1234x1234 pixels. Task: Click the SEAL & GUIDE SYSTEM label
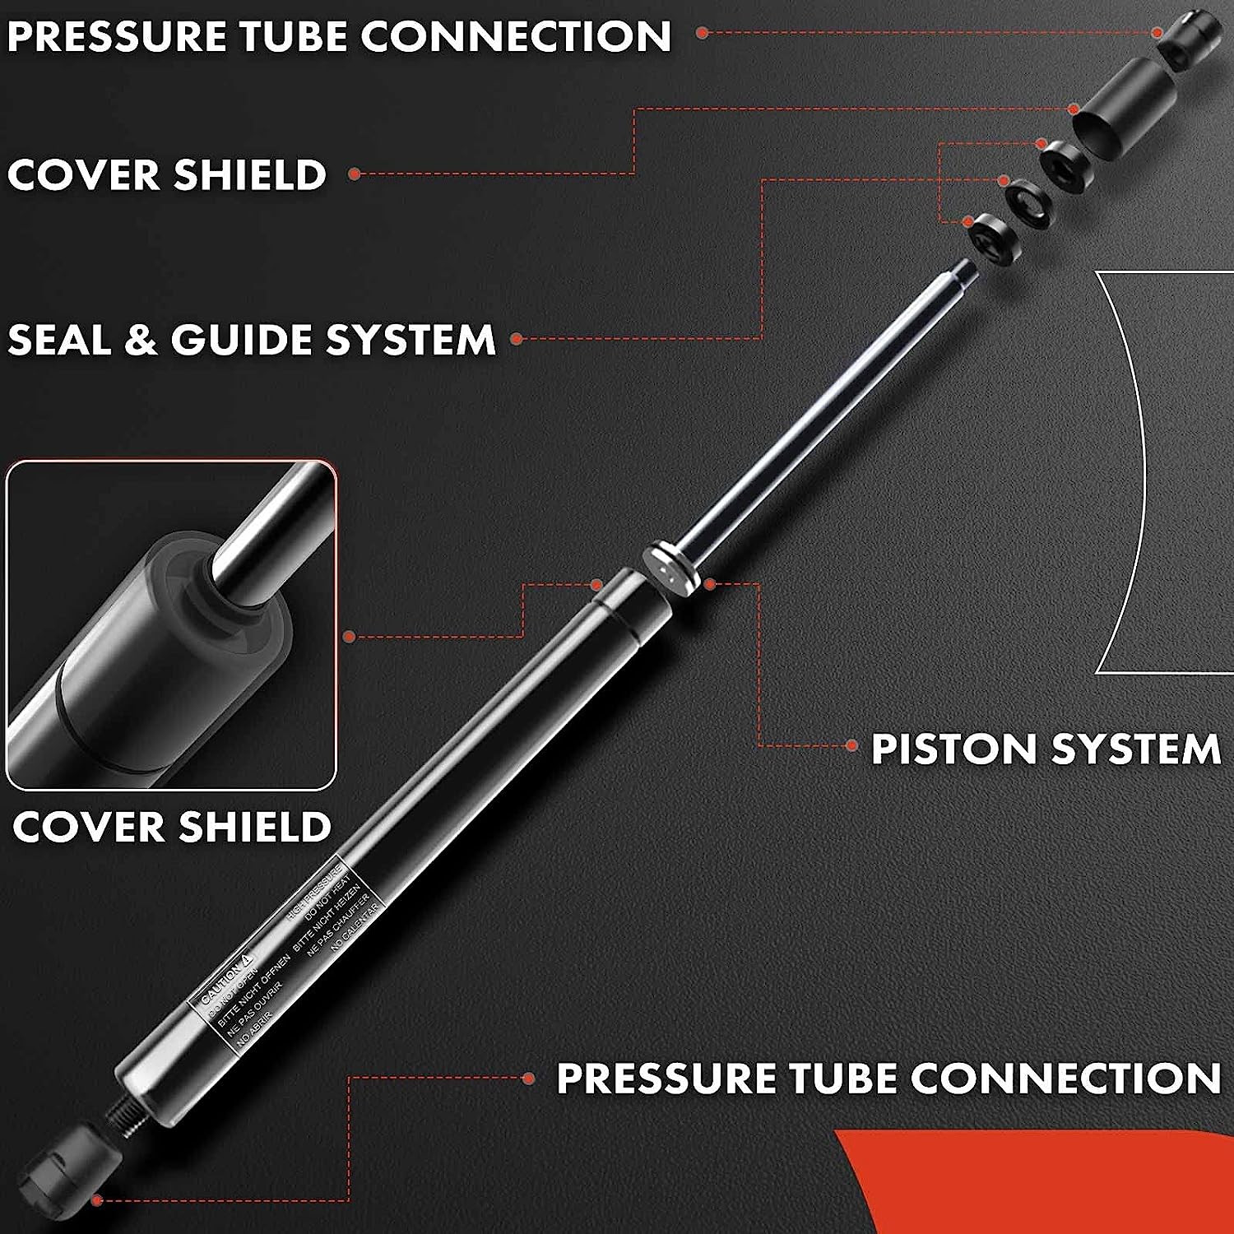(251, 339)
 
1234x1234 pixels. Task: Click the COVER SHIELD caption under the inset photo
(171, 827)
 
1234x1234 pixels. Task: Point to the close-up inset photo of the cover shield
(171, 625)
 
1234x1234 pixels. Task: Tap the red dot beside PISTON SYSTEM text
(852, 746)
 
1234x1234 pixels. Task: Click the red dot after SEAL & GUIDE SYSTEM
(517, 338)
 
